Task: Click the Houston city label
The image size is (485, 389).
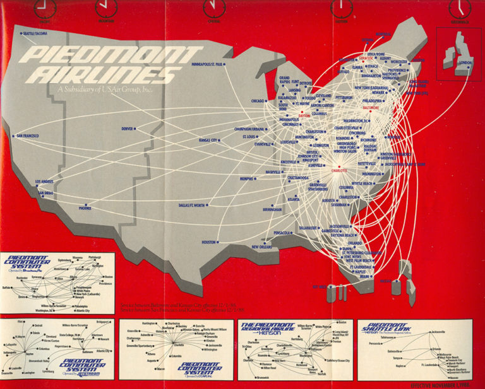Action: click(x=208, y=241)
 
